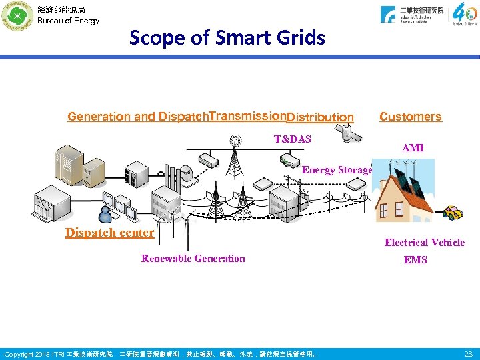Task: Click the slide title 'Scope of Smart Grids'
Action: click(x=227, y=38)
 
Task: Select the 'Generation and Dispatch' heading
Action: click(x=137, y=117)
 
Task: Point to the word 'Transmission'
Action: click(x=247, y=115)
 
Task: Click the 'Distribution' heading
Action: click(x=320, y=118)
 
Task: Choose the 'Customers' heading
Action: click(x=410, y=117)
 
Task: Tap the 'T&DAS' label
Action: click(x=292, y=139)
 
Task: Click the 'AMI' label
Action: click(x=413, y=147)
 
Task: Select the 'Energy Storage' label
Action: click(x=337, y=170)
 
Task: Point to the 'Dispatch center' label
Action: click(x=109, y=233)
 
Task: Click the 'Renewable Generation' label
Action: click(x=193, y=259)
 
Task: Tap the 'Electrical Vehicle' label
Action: click(x=424, y=243)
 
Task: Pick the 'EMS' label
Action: click(x=415, y=259)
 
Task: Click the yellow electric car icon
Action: click(x=453, y=213)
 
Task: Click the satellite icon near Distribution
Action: click(x=351, y=135)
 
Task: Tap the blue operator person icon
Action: click(x=105, y=214)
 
